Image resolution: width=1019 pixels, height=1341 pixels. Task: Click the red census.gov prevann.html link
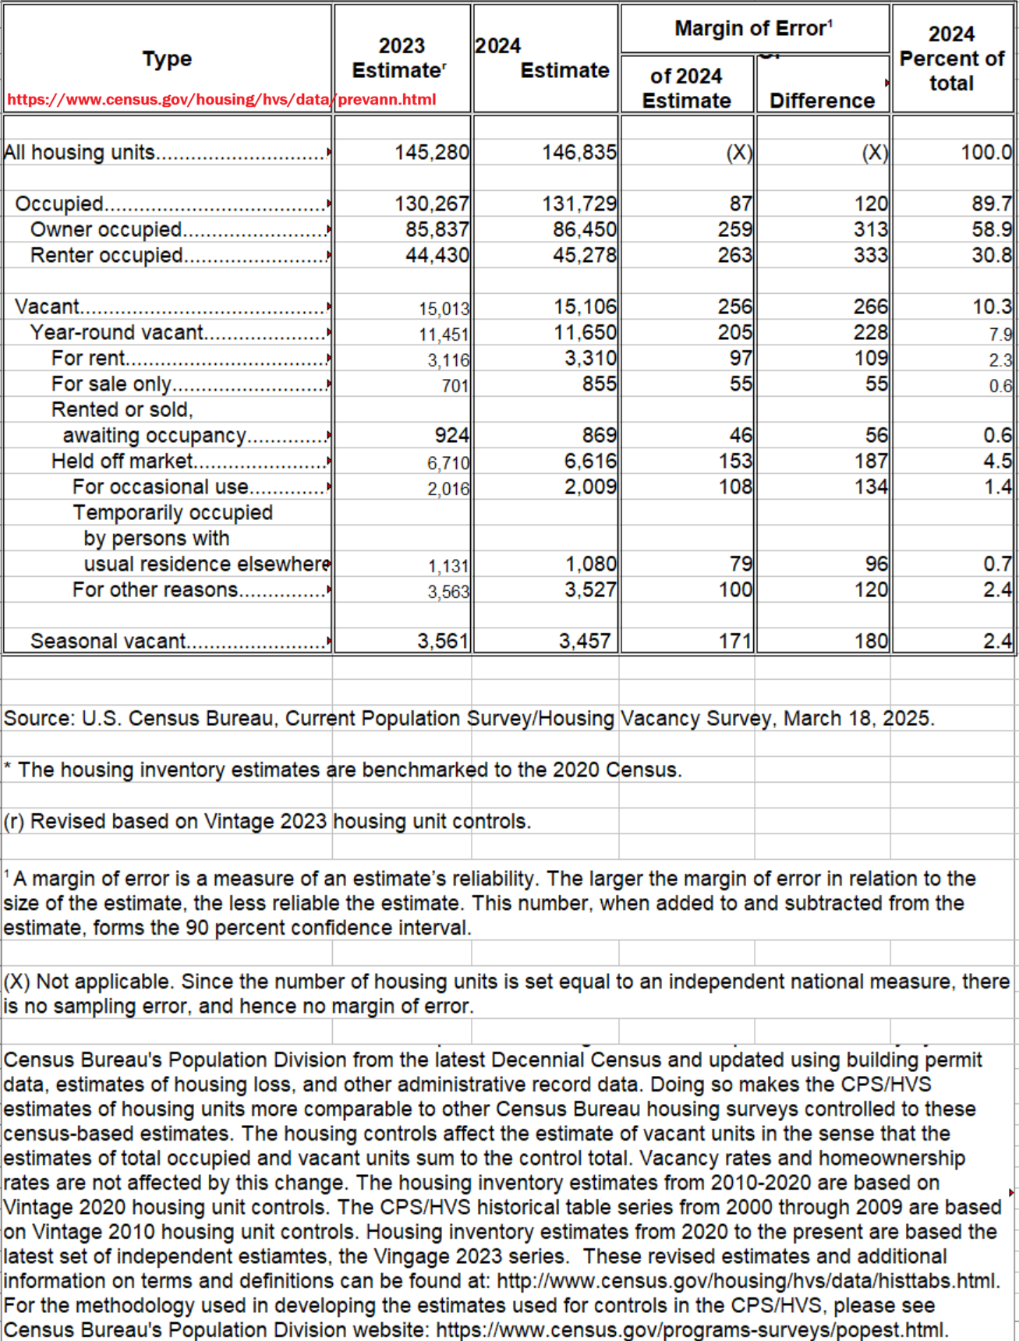(x=221, y=100)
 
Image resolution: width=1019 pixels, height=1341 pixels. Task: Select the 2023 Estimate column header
(x=401, y=58)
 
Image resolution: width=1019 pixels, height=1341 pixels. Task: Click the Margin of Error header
(x=753, y=29)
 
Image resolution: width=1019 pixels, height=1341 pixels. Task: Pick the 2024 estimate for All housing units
(x=579, y=152)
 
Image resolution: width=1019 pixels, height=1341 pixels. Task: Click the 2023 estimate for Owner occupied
(x=437, y=229)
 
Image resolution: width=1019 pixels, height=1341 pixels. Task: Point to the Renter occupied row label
(x=107, y=256)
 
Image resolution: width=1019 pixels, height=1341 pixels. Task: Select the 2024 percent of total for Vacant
(x=992, y=306)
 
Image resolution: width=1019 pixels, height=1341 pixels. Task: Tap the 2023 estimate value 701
(x=455, y=385)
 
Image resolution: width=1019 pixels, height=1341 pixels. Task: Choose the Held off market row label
(x=122, y=461)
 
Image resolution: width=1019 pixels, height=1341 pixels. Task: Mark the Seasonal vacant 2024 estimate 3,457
(x=584, y=641)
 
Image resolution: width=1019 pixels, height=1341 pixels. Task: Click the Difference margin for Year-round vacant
(x=870, y=332)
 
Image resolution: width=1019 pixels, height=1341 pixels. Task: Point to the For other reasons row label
(x=154, y=589)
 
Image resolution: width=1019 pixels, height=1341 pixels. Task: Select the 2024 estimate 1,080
(x=590, y=564)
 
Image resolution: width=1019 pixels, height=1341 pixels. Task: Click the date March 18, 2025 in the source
(x=857, y=718)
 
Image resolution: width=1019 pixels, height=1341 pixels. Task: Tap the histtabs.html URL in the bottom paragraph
(x=747, y=1281)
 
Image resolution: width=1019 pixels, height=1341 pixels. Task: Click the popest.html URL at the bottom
(x=691, y=1330)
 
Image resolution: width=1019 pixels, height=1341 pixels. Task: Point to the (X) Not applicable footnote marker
(x=16, y=982)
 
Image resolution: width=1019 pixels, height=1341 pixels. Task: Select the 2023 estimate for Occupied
(x=431, y=203)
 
